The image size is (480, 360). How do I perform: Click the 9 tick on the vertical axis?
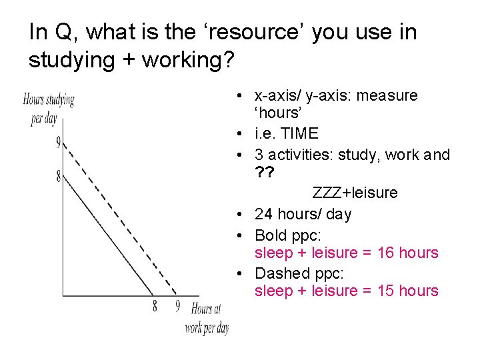(x=59, y=143)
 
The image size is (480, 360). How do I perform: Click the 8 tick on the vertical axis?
(x=59, y=177)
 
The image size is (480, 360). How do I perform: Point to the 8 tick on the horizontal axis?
(x=155, y=306)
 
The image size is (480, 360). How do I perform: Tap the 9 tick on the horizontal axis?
(x=177, y=306)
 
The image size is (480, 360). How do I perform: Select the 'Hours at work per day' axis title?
(x=207, y=318)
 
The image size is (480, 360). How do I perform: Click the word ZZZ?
(x=327, y=193)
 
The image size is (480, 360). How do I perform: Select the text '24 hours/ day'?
(x=303, y=214)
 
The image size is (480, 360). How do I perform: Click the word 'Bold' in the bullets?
(x=271, y=235)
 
